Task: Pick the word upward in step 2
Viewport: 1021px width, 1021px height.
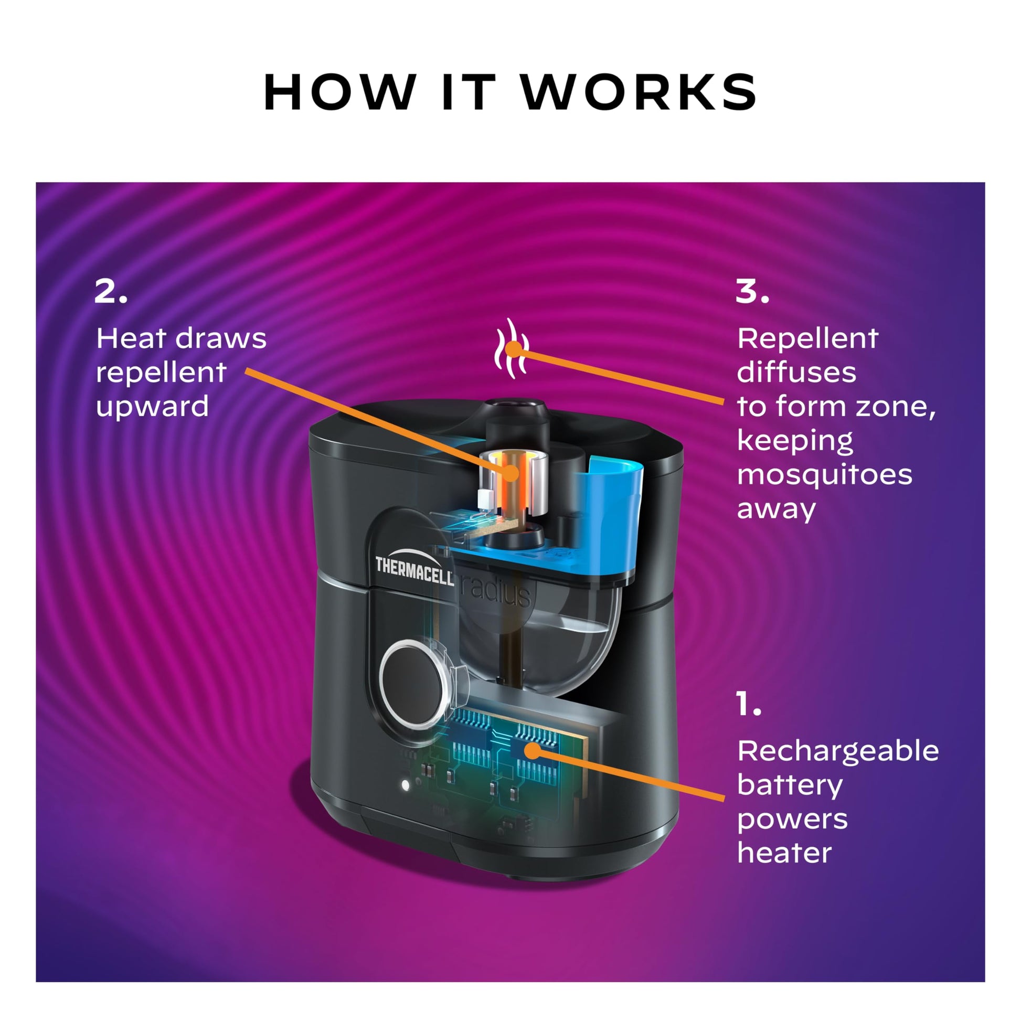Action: coord(152,407)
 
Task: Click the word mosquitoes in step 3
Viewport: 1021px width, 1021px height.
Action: coord(824,474)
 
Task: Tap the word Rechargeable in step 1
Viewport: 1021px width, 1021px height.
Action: coord(837,751)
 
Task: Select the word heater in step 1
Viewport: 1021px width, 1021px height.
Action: coord(784,853)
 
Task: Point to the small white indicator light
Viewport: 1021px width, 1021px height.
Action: coord(406,785)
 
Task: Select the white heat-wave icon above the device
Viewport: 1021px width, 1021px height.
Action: coord(511,349)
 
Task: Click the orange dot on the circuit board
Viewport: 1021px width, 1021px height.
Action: coord(534,750)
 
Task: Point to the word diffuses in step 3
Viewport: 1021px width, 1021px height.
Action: coord(796,373)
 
